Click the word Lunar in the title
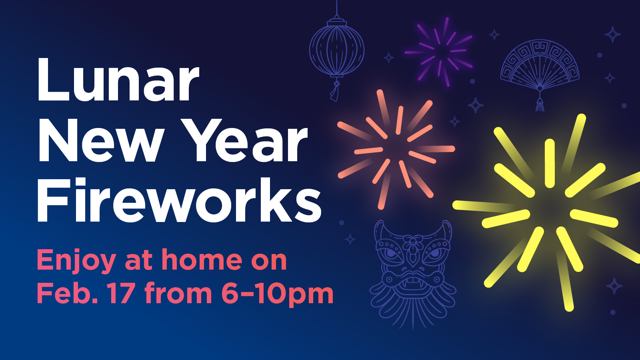coord(118,80)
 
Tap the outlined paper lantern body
coord(337,50)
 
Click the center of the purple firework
coord(440,52)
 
